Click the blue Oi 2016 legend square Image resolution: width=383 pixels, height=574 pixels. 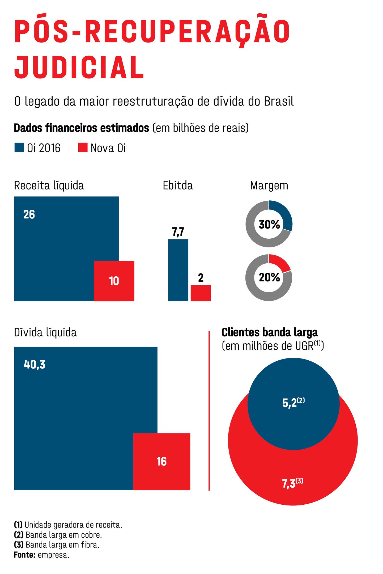tap(19, 147)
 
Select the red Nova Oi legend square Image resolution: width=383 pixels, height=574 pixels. tap(83, 147)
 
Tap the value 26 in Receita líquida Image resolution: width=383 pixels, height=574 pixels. tap(29, 214)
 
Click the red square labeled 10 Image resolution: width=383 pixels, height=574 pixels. tap(114, 281)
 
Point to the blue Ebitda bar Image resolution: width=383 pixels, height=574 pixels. tap(178, 270)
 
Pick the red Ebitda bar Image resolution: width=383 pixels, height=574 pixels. tap(201, 293)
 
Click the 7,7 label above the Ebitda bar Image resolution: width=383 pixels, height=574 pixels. tap(178, 232)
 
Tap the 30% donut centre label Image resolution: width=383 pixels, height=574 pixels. tap(269, 225)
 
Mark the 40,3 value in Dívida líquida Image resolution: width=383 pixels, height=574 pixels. tap(35, 364)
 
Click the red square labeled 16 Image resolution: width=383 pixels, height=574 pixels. tap(161, 462)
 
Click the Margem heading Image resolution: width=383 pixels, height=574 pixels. tap(269, 185)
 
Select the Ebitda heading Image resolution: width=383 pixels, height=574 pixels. tap(178, 185)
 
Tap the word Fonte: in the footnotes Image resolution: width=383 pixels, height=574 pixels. tap(24, 555)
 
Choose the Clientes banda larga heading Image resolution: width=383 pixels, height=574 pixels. tap(269, 332)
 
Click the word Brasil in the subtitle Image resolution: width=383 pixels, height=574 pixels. tap(279, 102)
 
